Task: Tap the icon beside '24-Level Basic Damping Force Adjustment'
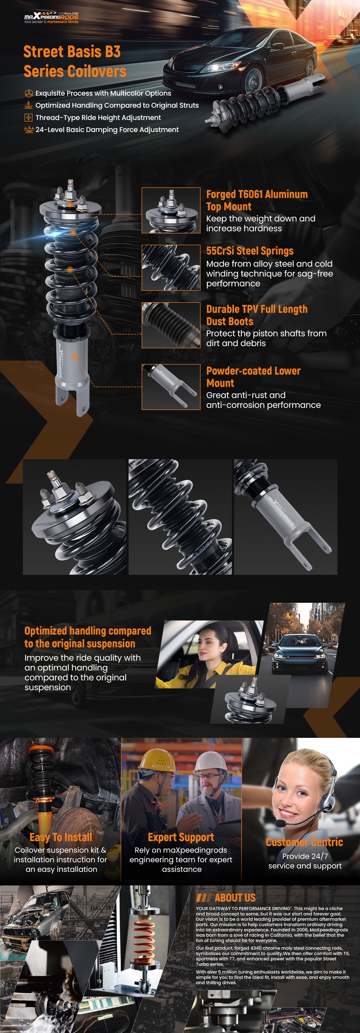(29, 130)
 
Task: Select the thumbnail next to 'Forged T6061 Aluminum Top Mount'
(171, 211)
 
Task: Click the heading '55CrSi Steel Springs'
(250, 251)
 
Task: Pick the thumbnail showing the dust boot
(171, 325)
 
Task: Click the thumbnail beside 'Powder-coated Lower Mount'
(171, 387)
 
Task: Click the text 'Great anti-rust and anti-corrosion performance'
(263, 400)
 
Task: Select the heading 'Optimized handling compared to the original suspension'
(88, 637)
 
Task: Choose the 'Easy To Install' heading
(61, 837)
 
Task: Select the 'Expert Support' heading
(181, 837)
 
